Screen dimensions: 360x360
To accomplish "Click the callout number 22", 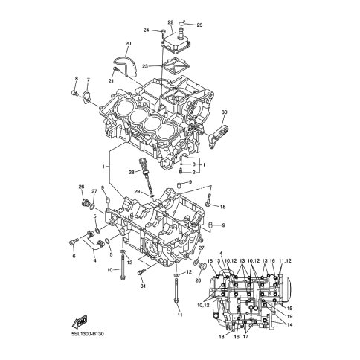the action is [170, 22].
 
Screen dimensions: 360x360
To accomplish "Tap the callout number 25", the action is [199, 25].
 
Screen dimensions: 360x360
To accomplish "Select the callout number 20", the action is [128, 44].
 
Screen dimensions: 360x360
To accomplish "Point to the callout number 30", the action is [224, 112].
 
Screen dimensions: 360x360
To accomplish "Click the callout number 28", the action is [132, 172].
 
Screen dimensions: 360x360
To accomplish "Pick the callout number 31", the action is [143, 286].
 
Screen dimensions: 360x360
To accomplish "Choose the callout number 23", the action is [145, 66].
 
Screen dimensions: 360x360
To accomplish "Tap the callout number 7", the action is [88, 80].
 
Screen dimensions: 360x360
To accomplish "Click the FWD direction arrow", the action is [80, 322].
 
